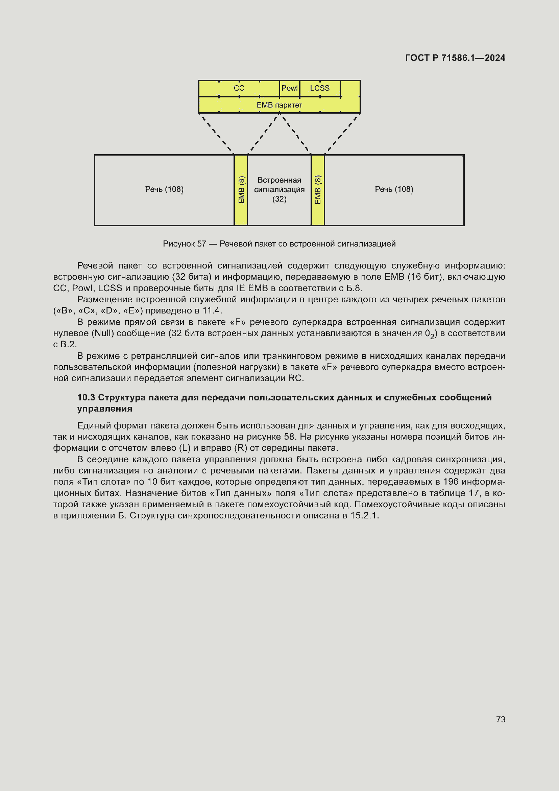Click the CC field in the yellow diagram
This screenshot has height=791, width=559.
[239, 88]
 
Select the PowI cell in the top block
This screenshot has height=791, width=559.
[289, 88]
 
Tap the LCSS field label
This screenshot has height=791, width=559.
[319, 88]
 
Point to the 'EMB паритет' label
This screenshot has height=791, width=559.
[279, 105]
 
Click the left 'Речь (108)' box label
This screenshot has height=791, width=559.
[164, 189]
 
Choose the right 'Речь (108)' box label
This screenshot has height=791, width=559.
[394, 189]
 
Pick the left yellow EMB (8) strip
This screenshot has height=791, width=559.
[241, 190]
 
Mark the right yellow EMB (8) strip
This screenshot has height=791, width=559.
[318, 190]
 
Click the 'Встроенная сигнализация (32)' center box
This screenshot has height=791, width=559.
[279, 189]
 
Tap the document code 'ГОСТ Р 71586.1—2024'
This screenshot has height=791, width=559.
[455, 58]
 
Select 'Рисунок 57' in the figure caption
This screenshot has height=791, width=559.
[184, 244]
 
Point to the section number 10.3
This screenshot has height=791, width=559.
[86, 397]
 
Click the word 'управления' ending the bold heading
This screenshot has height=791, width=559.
[105, 409]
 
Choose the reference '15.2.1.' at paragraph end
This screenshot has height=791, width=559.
[365, 515]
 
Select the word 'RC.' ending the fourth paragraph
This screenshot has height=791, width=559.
[296, 378]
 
